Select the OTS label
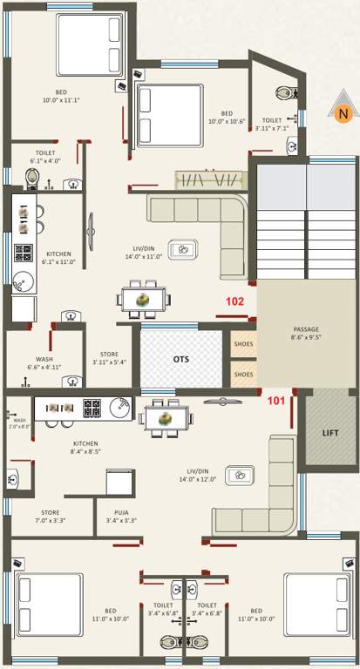[180, 359]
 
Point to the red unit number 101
[275, 401]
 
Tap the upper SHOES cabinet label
[243, 343]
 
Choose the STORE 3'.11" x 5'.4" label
[109, 358]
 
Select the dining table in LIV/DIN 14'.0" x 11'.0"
[139, 299]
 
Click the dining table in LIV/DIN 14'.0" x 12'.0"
[166, 419]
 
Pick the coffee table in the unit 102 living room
[183, 249]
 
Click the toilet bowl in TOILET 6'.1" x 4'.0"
[32, 179]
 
